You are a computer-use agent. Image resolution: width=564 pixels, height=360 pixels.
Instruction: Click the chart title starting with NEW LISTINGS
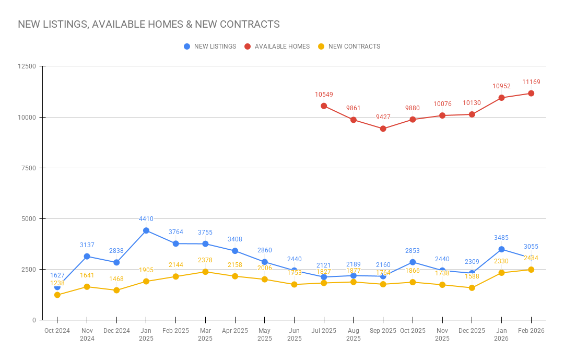(x=149, y=24)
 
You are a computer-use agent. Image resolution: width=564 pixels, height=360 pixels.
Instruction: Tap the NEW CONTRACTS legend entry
(x=354, y=47)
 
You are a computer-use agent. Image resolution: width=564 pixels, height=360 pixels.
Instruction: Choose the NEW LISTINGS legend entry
(x=215, y=47)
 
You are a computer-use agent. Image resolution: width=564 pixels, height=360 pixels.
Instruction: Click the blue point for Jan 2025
(x=146, y=230)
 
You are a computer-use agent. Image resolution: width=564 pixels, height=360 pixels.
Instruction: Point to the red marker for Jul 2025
(x=324, y=106)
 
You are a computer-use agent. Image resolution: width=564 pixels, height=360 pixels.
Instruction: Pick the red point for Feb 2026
(x=531, y=93)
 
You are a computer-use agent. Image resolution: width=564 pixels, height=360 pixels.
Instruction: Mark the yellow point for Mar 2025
(x=205, y=272)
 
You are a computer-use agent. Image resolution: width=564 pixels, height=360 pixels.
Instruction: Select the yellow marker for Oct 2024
(x=57, y=295)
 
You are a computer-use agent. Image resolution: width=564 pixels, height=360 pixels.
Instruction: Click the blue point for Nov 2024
(x=87, y=256)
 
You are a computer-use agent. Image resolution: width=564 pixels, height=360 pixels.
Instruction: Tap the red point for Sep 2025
(x=383, y=129)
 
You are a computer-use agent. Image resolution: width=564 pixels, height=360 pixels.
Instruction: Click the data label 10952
(x=501, y=86)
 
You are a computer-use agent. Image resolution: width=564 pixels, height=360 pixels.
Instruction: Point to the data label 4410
(x=146, y=219)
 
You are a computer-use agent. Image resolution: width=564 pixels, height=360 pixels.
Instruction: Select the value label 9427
(x=383, y=117)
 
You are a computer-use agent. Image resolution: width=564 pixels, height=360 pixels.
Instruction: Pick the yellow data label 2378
(x=205, y=260)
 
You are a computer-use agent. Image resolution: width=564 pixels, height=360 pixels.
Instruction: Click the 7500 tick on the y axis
(x=29, y=168)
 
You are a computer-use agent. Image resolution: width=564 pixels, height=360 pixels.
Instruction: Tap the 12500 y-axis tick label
(x=27, y=66)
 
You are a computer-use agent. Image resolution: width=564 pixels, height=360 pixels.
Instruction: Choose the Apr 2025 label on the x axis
(x=235, y=331)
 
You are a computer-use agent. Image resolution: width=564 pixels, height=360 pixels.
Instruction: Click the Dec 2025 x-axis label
(x=472, y=331)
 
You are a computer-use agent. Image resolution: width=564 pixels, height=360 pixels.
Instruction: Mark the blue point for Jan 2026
(x=501, y=249)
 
